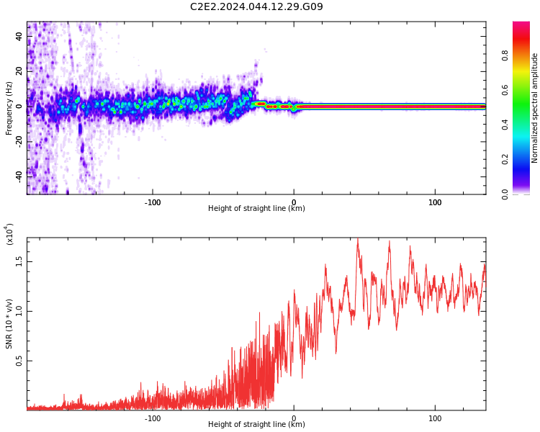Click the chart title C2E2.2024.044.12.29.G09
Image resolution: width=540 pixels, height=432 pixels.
point(256,7)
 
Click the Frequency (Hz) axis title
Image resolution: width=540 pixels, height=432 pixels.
point(9,108)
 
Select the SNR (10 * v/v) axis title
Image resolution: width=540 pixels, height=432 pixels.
point(9,324)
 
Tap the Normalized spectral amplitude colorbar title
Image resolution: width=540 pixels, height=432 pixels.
point(535,108)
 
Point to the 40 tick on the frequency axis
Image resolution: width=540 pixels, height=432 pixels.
point(19,37)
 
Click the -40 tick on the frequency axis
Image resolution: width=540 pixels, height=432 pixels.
point(19,174)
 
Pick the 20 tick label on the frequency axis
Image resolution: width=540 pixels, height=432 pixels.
point(19,71)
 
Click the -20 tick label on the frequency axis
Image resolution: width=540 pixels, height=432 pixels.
point(19,140)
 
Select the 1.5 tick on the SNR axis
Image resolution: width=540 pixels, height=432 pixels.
point(19,262)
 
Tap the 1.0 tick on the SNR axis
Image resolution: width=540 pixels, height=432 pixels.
point(19,312)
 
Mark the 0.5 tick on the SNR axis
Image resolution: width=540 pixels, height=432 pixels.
point(19,361)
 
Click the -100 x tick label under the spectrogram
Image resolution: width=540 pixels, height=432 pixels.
point(153,202)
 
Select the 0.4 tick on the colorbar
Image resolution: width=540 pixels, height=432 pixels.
point(505,125)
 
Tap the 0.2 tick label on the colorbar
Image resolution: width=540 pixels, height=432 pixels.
point(505,159)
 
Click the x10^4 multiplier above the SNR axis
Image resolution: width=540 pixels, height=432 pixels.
point(10,235)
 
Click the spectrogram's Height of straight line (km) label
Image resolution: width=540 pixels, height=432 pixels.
point(256,209)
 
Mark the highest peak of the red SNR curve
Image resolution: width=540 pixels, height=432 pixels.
point(357,240)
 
